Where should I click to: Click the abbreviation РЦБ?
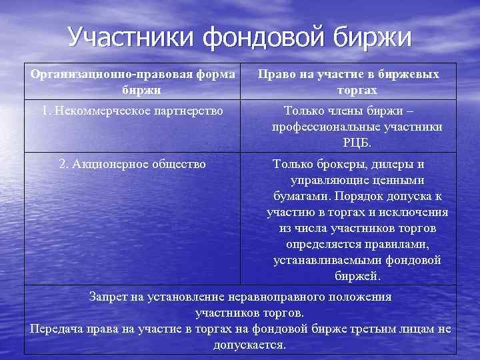pos(357,143)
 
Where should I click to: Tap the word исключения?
pos(417,213)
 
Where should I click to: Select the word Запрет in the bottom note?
pos(108,297)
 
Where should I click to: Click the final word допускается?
pos(249,345)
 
